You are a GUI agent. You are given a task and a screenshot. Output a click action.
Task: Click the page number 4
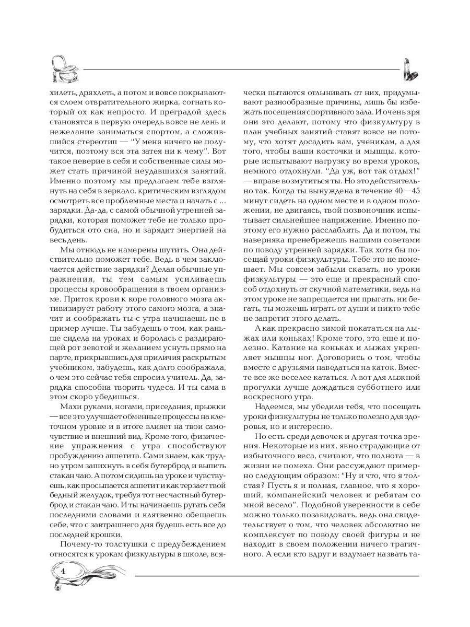click(63, 570)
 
